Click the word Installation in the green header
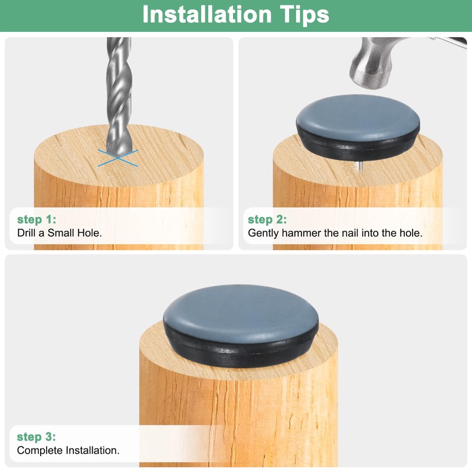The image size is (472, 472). (207, 14)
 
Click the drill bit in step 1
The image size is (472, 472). (119, 96)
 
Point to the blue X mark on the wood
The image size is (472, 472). (117, 158)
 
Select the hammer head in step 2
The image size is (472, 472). (376, 63)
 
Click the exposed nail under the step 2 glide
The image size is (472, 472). (358, 167)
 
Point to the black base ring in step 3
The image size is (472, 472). (241, 352)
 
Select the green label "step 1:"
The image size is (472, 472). (37, 219)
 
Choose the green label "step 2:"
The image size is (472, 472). (267, 219)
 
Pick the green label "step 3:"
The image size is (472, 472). (37, 437)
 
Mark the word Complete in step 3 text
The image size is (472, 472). (40, 450)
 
